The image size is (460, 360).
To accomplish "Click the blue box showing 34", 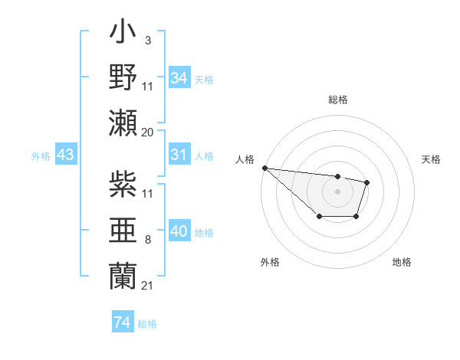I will [179, 77].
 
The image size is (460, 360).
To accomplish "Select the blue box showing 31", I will [179, 155].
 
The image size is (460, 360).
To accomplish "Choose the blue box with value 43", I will [66, 155].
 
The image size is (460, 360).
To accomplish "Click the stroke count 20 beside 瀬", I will [148, 132].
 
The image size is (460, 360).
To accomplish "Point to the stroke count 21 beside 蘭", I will [148, 285].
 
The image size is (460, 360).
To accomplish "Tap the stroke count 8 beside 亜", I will [148, 240].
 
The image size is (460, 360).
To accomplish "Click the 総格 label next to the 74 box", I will [147, 324].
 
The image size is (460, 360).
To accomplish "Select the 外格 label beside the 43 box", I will [41, 156].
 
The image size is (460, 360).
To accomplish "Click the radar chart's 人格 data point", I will [264, 168].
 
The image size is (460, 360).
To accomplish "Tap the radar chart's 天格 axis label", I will [432, 159].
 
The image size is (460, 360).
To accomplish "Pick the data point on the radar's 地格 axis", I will [356, 217].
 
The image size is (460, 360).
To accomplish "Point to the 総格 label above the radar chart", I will [337, 100].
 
